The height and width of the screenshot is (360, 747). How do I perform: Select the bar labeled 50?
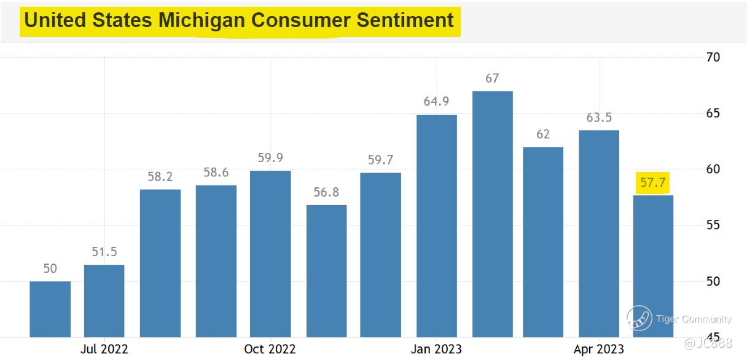pyautogui.click(x=50, y=309)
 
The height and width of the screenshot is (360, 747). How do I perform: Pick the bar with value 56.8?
pyautogui.click(x=326, y=271)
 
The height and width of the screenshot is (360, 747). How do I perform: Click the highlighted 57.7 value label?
pyautogui.click(x=653, y=182)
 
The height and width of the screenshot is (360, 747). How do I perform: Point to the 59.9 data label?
pyautogui.click(x=270, y=158)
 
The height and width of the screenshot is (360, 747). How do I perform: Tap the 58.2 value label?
pyautogui.click(x=160, y=177)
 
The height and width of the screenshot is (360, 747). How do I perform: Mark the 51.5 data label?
pyautogui.click(x=104, y=252)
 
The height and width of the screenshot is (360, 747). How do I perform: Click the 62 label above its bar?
pyautogui.click(x=543, y=134)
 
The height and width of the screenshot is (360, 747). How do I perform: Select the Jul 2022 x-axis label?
pyautogui.click(x=104, y=349)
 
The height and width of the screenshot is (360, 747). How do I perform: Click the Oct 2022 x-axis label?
pyautogui.click(x=270, y=349)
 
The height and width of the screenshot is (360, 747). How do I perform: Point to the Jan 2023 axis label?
pyautogui.click(x=436, y=349)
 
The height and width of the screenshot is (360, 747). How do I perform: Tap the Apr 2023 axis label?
pyautogui.click(x=598, y=349)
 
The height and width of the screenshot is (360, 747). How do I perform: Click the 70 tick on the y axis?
pyautogui.click(x=713, y=57)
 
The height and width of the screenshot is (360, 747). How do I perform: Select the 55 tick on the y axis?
pyautogui.click(x=713, y=225)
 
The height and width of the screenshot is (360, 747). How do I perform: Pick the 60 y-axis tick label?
pyautogui.click(x=713, y=169)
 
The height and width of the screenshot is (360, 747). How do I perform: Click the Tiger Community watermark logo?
pyautogui.click(x=639, y=318)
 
